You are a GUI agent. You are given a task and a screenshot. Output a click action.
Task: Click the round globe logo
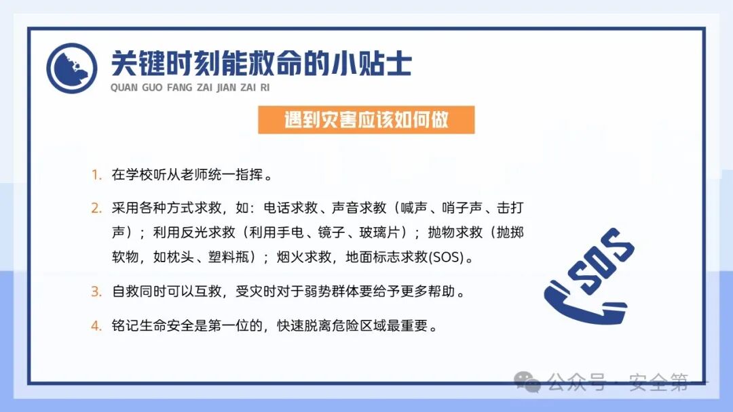click(72, 68)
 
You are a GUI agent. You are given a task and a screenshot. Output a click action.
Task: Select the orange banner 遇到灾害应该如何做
click(366, 120)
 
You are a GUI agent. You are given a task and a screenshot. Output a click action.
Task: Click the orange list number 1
click(96, 175)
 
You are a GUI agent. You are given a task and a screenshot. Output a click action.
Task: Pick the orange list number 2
click(96, 207)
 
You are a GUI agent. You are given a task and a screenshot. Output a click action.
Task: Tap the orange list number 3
click(96, 292)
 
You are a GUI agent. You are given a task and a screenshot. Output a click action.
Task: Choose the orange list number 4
click(96, 325)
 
